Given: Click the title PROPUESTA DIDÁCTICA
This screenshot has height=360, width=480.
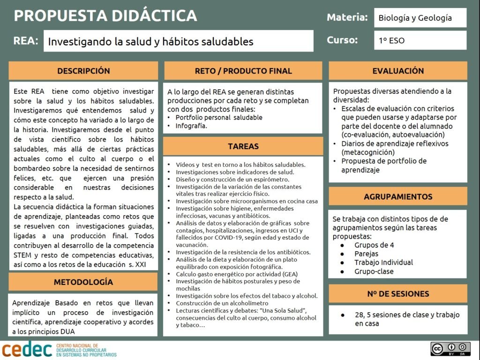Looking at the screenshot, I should [x=105, y=16].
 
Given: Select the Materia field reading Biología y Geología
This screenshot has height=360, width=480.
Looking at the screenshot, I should [x=420, y=18].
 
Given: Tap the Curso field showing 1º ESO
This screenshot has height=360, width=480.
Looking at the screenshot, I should [x=420, y=40].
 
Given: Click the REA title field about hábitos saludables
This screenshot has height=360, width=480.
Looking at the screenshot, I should [x=178, y=41].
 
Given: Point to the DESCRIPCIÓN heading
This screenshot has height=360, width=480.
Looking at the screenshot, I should [x=83, y=71].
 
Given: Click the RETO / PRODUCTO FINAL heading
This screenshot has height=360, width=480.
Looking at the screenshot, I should [x=243, y=71].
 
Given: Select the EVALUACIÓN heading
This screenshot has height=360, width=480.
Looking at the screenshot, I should [x=398, y=71].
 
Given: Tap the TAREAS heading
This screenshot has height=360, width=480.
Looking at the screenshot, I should [x=243, y=146].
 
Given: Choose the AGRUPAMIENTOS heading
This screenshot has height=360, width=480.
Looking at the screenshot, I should [x=398, y=196].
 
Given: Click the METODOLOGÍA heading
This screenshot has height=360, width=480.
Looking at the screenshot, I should [x=83, y=282].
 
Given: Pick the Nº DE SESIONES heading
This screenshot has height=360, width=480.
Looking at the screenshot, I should [x=398, y=294].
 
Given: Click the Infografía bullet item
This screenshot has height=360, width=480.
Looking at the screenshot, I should [x=191, y=126].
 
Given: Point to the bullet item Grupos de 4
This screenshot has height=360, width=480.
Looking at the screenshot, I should [x=374, y=245].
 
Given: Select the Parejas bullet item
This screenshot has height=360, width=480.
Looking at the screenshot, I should [x=366, y=254].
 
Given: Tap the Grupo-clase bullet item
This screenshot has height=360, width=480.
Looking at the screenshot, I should [x=374, y=271].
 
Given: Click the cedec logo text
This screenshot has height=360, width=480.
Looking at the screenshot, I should [x=27, y=349].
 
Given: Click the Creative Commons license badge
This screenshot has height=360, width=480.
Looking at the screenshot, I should [x=450, y=349].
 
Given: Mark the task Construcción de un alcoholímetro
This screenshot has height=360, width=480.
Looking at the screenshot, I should [x=216, y=303].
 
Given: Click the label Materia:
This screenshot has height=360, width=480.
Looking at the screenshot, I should [x=347, y=18].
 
